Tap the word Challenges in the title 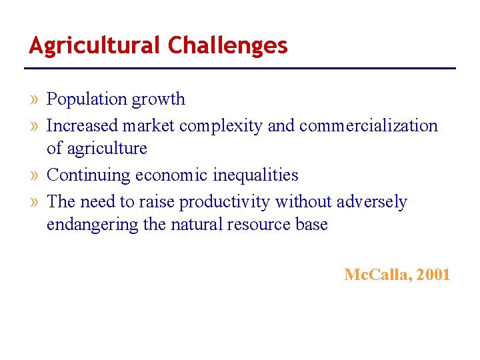(x=228, y=45)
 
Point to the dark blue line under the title (x=240, y=68)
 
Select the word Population (x=87, y=99)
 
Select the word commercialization (x=369, y=126)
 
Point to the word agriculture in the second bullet (x=106, y=149)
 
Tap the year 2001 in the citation (x=433, y=274)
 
